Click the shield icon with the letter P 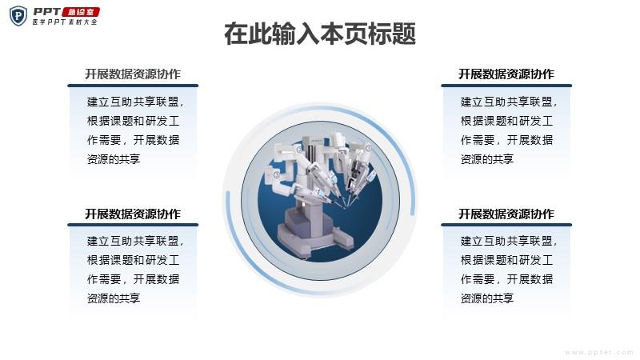(18, 16)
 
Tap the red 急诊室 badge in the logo (81, 12)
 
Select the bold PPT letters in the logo (47, 12)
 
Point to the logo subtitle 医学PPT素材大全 (65, 22)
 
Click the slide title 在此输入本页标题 (320, 34)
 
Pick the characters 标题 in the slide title (392, 34)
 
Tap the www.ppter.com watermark (598, 352)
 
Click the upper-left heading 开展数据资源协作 (133, 74)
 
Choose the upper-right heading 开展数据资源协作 (506, 74)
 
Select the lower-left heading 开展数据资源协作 (133, 214)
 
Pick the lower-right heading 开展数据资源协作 (506, 214)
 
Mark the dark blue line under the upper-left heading (133, 86)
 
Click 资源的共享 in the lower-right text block (487, 298)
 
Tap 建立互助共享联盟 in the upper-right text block (506, 102)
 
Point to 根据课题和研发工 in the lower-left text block (133, 260)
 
